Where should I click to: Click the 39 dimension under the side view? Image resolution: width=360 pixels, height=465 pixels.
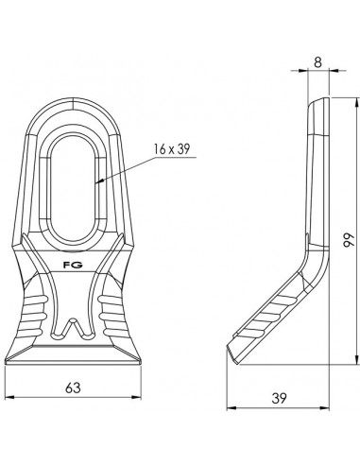(x=278, y=399)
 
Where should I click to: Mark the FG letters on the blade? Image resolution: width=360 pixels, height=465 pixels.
(x=72, y=267)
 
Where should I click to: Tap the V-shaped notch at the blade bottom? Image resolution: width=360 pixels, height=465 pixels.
(x=72, y=331)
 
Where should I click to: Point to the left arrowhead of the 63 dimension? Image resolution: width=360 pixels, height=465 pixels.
(x=8, y=397)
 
